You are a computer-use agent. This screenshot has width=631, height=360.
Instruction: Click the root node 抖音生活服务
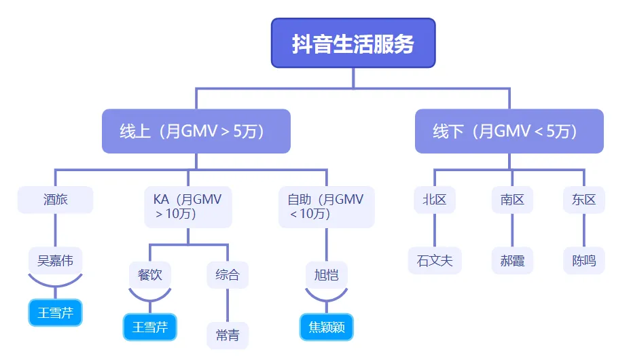(x=353, y=43)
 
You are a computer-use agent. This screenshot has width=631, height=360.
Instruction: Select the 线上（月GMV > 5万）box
(x=196, y=131)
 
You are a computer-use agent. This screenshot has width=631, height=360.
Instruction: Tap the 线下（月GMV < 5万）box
(x=509, y=131)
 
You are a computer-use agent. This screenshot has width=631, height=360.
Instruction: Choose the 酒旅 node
(x=55, y=200)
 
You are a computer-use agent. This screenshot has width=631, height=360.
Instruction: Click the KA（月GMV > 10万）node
(x=187, y=206)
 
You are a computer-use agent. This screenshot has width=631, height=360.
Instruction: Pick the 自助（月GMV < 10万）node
(x=325, y=206)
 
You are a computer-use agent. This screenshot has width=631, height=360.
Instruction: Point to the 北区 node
(x=434, y=200)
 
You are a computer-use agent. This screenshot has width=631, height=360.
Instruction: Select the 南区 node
(x=512, y=200)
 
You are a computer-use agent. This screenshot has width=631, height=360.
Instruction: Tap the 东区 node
(x=583, y=200)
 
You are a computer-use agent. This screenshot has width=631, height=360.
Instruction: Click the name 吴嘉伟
(x=55, y=259)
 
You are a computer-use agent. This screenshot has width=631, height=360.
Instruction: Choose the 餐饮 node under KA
(x=149, y=275)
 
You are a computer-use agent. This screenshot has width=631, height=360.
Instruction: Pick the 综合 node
(x=228, y=275)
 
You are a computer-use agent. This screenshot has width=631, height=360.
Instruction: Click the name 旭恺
(x=326, y=275)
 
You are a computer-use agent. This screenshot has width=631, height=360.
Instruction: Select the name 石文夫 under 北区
(x=434, y=260)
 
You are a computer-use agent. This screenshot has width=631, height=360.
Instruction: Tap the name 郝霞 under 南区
(x=512, y=260)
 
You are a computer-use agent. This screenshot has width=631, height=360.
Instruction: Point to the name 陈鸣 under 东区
(x=583, y=260)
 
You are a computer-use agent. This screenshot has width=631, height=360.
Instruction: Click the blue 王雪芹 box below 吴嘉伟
(x=55, y=312)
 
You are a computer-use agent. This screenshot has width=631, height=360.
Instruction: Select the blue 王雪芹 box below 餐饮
(x=149, y=327)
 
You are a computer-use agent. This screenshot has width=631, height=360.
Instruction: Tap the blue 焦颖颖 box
(x=326, y=327)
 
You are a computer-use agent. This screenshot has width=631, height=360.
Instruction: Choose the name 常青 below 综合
(x=228, y=336)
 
